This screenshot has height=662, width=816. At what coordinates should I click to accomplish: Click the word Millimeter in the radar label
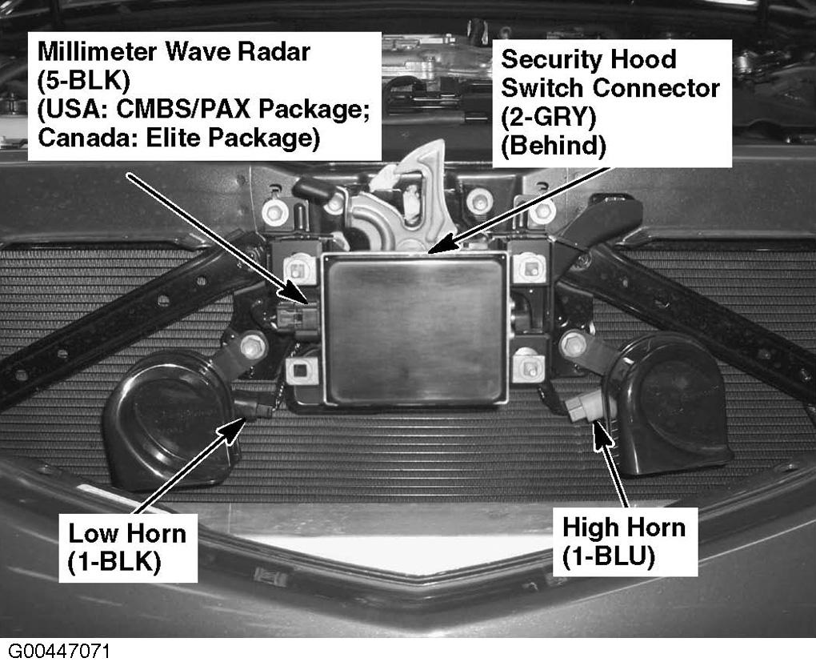96,52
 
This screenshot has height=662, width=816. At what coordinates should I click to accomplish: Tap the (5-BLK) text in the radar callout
83,81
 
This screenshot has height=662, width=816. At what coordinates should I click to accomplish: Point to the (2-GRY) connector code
549,117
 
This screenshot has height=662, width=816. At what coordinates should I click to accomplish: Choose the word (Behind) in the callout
553,146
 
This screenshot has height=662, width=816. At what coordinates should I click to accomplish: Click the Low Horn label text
127,533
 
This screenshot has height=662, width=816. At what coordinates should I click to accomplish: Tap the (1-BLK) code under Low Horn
114,562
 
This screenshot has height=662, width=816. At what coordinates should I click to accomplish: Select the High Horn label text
623,528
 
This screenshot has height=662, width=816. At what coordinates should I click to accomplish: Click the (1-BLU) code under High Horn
608,556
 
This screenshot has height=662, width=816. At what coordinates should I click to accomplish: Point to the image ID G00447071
59,652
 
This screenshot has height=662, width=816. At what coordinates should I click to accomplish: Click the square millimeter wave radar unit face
414,329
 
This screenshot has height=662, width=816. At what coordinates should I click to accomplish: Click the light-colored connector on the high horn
584,407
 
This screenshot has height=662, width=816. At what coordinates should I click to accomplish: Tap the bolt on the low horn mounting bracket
253,347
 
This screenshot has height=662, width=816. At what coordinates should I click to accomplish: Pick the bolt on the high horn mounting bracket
573,344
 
